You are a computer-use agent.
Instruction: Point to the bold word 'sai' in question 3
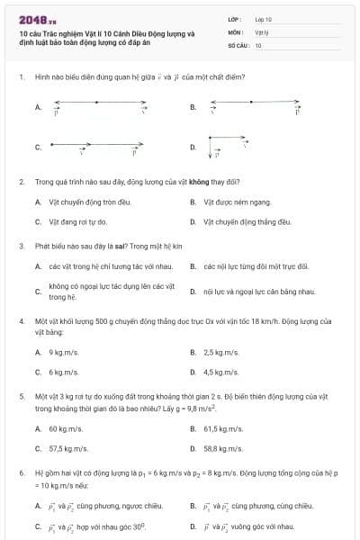pos(120,245)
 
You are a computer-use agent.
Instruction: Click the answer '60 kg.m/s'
pos(68,428)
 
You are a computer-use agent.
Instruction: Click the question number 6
pos(21,471)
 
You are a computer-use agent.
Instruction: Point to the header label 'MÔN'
pos(236,30)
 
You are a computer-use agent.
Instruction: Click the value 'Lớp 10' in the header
pos(263,18)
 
